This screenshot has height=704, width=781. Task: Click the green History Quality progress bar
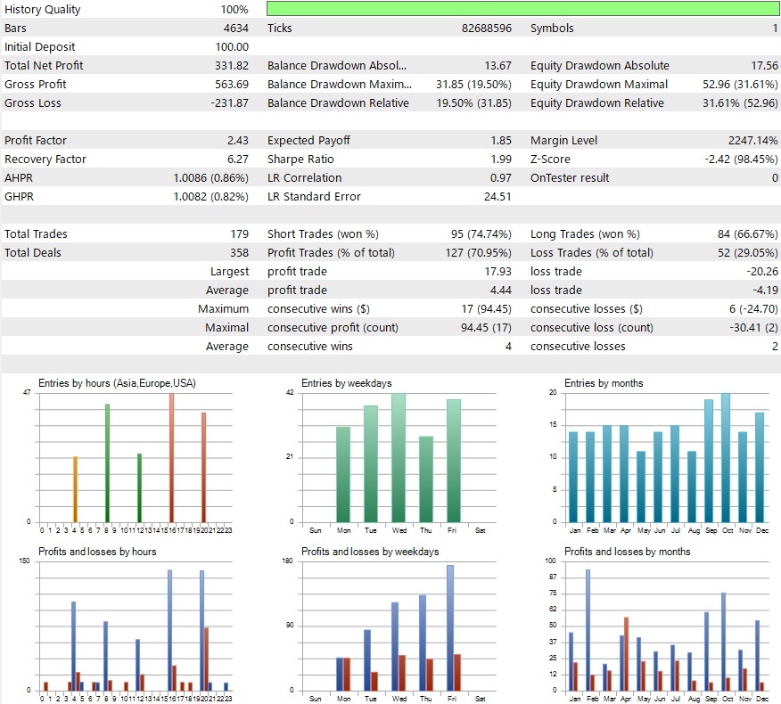(x=522, y=9)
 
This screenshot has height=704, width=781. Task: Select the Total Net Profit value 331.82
(x=230, y=65)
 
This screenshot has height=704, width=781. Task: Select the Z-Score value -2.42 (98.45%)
(x=736, y=159)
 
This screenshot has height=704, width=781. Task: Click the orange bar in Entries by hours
(x=75, y=488)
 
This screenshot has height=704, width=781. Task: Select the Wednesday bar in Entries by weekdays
(x=399, y=457)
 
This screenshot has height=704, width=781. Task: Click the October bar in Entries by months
(x=726, y=457)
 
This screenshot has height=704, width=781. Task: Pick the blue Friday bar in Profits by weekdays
(x=450, y=627)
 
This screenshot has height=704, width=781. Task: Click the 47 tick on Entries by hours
(x=27, y=393)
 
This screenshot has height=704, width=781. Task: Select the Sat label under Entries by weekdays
(x=481, y=529)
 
